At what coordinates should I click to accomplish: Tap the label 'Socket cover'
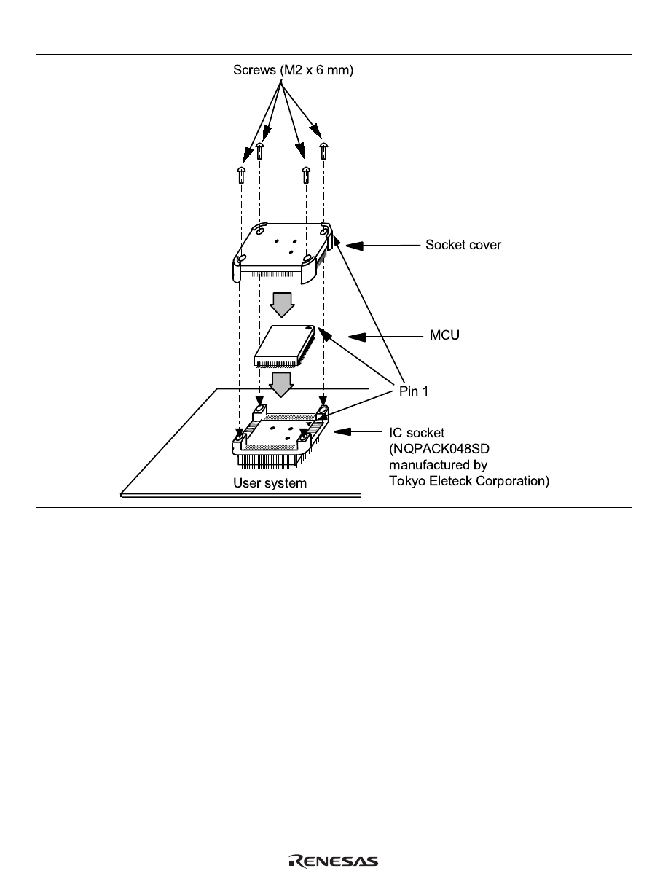coord(463,245)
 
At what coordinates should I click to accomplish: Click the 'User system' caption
coord(270,483)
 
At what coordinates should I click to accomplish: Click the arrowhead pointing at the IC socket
coord(339,432)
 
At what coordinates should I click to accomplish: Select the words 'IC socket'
coord(415,432)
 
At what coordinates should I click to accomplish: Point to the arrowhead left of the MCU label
coord(355,337)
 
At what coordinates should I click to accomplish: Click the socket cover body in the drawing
coord(280,245)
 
